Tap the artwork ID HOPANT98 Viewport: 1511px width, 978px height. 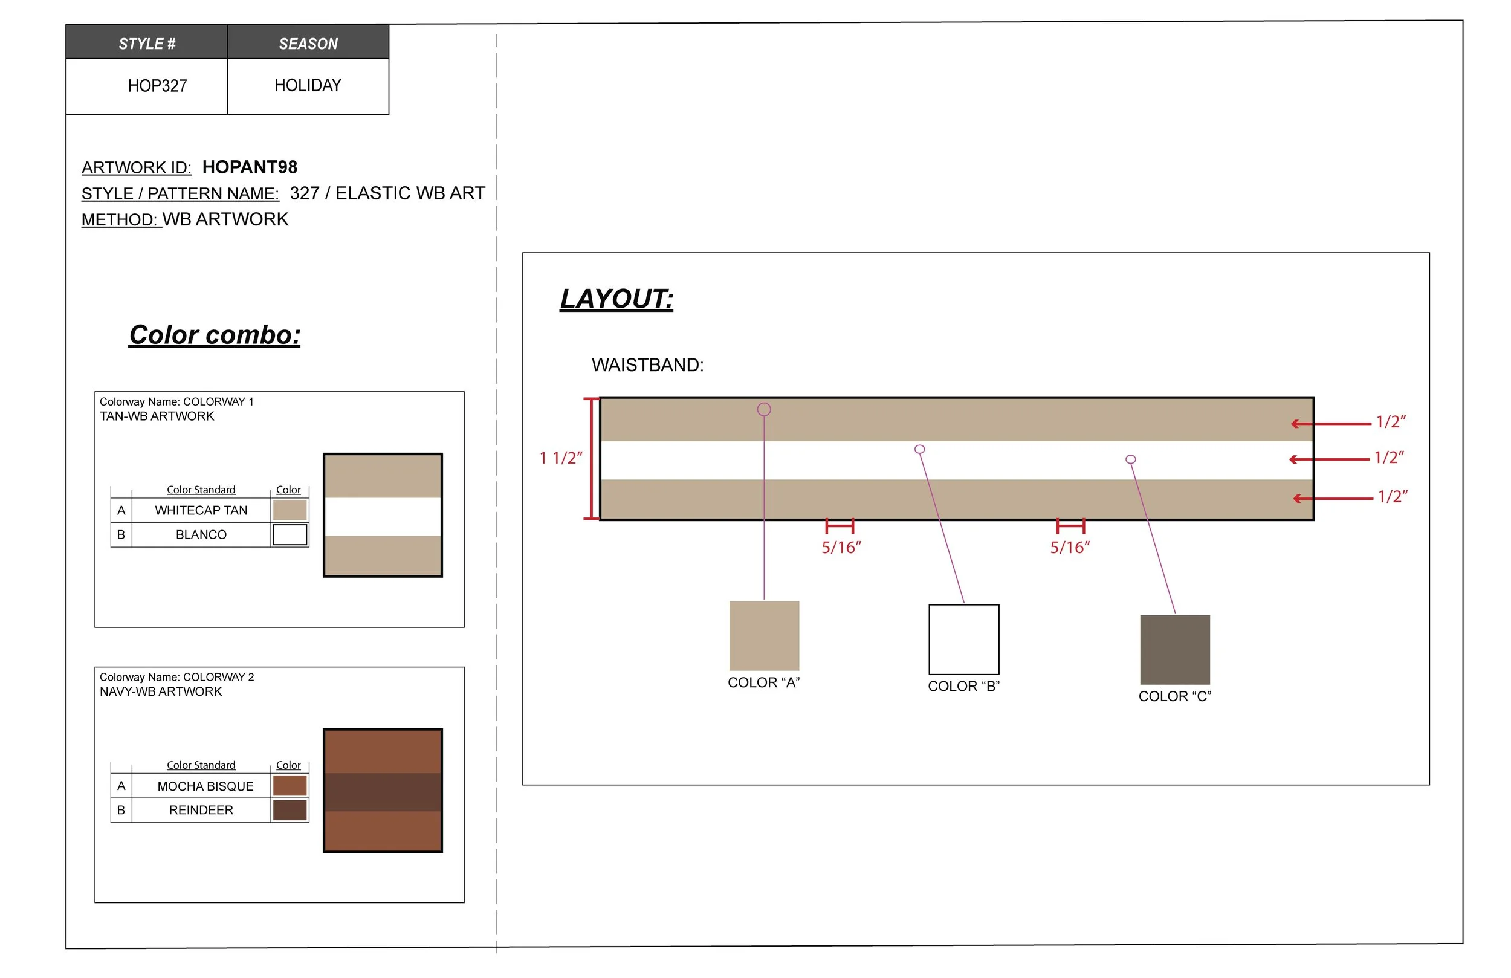pyautogui.click(x=250, y=167)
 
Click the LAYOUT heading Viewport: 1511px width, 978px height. pyautogui.click(x=616, y=299)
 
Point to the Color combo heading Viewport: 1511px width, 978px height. pyautogui.click(x=215, y=335)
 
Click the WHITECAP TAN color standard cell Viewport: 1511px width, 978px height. pyautogui.click(x=201, y=511)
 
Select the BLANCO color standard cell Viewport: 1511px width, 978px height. pyautogui.click(x=201, y=535)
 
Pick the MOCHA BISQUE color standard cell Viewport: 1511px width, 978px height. pyautogui.click(x=204, y=786)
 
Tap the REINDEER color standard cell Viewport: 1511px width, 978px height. pyautogui.click(x=201, y=810)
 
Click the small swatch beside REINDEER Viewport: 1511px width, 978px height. pyautogui.click(x=290, y=811)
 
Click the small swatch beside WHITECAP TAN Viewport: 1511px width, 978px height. pyautogui.click(x=290, y=510)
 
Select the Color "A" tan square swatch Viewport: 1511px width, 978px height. pyautogui.click(x=764, y=636)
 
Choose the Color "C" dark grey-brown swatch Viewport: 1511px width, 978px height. pyautogui.click(x=1174, y=649)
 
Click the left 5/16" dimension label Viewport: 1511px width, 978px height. pyautogui.click(x=841, y=548)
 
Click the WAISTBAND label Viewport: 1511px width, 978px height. pyautogui.click(x=647, y=365)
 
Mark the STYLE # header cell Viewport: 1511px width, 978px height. pyautogui.click(x=147, y=43)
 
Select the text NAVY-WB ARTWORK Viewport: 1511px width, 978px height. pyautogui.click(x=161, y=691)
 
